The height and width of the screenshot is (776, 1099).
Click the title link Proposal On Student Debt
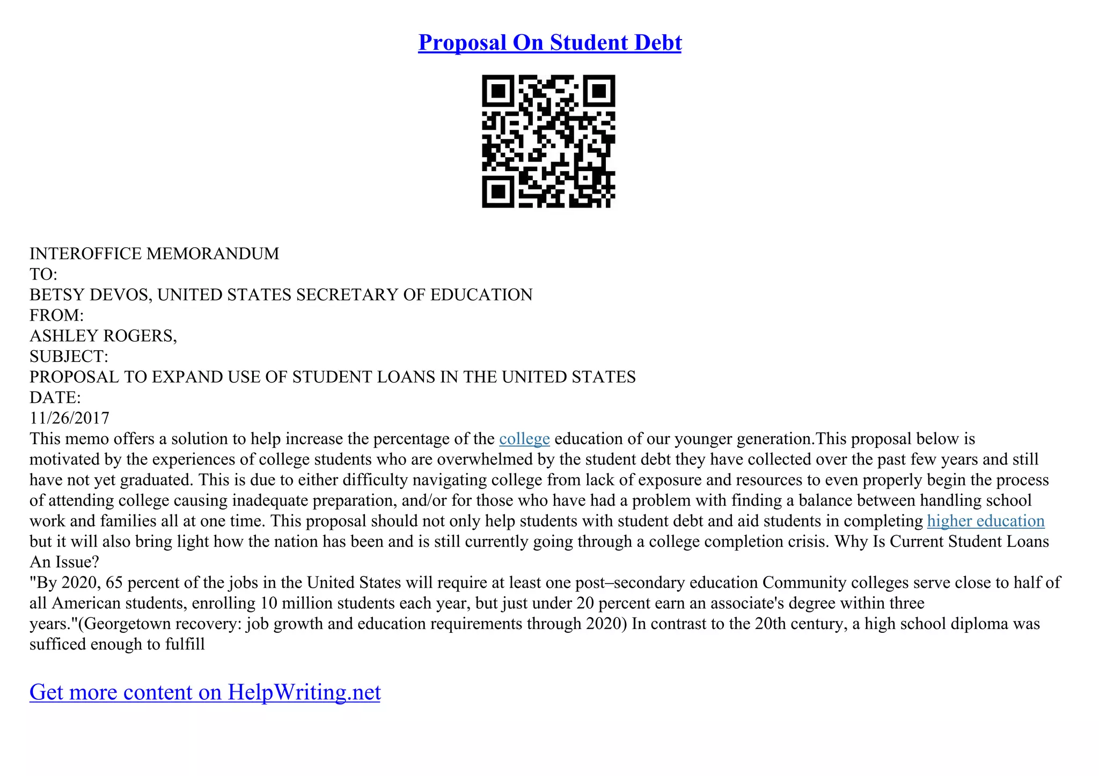549,43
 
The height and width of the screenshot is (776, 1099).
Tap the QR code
548,141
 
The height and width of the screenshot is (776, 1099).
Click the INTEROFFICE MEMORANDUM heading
154,254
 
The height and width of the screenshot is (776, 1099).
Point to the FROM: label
56,315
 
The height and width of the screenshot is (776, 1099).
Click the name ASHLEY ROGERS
102,336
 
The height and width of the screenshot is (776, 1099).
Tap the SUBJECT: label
69,357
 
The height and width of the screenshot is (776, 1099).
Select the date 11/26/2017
69,418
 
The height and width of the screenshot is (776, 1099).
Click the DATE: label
55,398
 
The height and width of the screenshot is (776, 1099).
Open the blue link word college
524,439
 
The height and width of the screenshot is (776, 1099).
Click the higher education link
985,521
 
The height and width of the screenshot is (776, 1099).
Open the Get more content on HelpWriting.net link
205,692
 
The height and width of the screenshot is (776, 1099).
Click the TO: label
43,275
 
